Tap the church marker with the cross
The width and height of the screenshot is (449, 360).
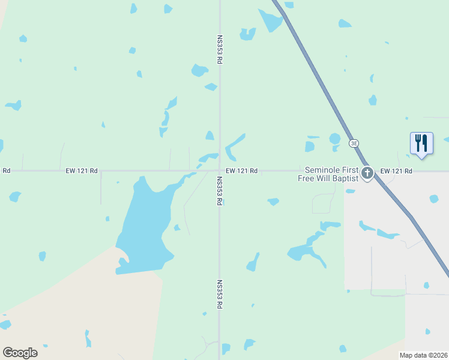point(367,173)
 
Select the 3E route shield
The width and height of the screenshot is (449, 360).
point(354,143)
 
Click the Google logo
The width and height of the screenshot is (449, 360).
point(20,353)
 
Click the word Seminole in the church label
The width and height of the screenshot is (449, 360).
point(323,170)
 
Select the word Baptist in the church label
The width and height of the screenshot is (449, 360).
point(346,178)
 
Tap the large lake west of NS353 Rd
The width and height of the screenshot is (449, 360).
point(144,228)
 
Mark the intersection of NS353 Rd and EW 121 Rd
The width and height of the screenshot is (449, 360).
point(219,171)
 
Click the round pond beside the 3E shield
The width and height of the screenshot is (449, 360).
point(335,139)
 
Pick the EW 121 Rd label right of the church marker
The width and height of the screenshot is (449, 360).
point(396,171)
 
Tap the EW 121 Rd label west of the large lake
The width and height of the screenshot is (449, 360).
point(82,171)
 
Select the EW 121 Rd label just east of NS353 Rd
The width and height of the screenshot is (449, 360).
point(242,171)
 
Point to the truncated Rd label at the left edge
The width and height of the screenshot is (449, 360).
point(6,171)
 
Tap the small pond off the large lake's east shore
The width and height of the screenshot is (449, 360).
point(177,227)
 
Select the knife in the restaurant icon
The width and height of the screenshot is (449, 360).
point(425,143)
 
